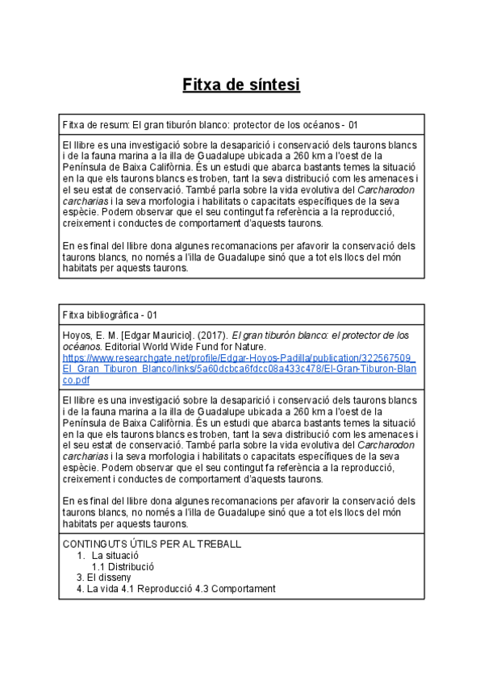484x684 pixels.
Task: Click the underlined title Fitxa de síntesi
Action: [241, 85]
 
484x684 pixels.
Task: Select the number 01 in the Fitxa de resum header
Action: [353, 126]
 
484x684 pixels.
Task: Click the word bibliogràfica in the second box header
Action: [113, 314]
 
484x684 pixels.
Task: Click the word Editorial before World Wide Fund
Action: [120, 346]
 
